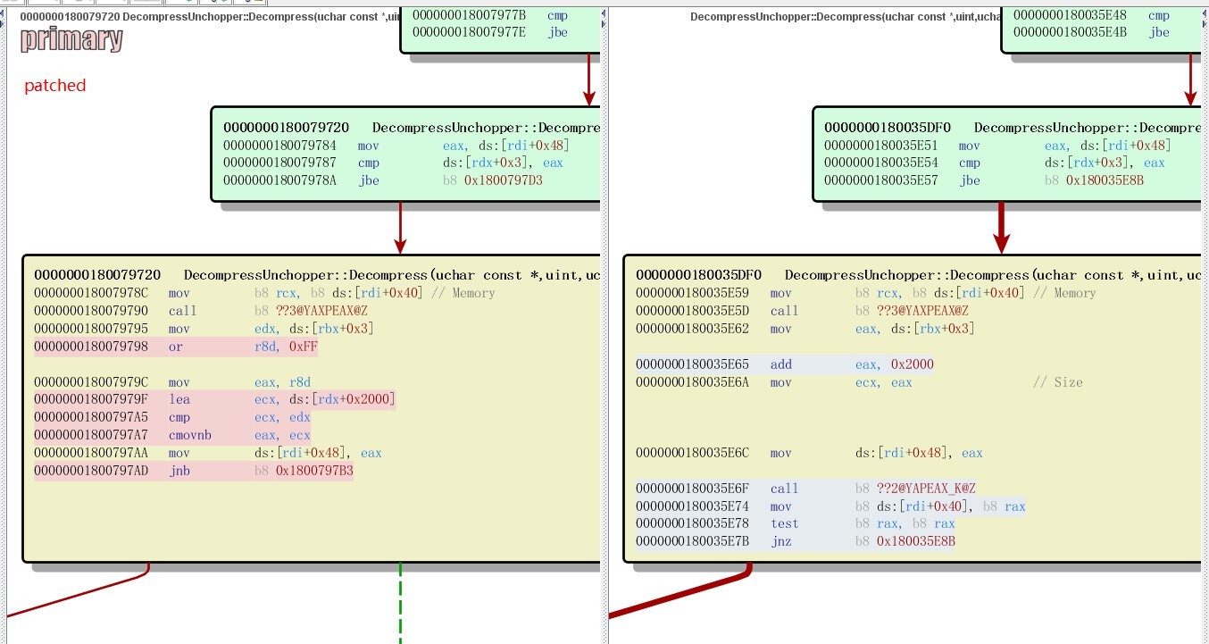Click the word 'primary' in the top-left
[x=71, y=40]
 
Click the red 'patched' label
[x=55, y=85]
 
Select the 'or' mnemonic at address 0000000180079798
[x=175, y=347]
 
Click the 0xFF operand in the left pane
[x=304, y=347]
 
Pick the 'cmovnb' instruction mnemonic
[x=190, y=435]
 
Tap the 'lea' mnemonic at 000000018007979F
[x=179, y=399]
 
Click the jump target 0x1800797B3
[x=314, y=471]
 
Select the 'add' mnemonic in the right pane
[x=781, y=364]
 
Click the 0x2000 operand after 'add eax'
[x=913, y=364]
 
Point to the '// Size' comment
[x=1058, y=382]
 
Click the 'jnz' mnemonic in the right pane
[x=781, y=541]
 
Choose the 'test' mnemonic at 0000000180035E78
[x=784, y=523]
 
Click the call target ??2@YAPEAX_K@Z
[x=926, y=489]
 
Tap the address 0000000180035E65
[x=692, y=364]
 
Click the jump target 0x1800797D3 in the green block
[x=504, y=180]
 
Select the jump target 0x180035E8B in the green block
[x=1105, y=180]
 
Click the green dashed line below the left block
[x=401, y=604]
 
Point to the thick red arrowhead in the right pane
[x=1002, y=242]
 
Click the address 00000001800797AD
[x=91, y=471]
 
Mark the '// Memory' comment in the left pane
[x=463, y=293]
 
